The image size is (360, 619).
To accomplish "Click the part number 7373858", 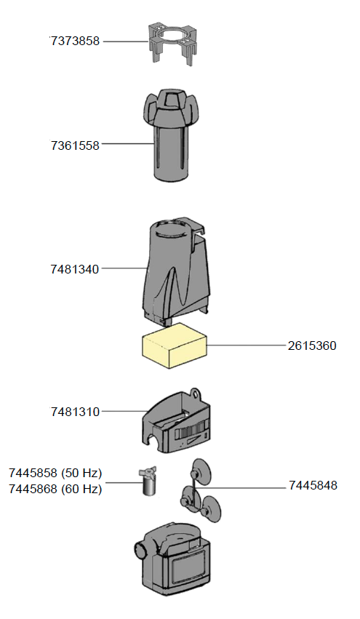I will pyautogui.click(x=75, y=41).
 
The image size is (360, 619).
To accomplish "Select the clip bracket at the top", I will pyautogui.click(x=175, y=40).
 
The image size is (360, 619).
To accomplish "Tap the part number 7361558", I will pyautogui.click(x=75, y=145).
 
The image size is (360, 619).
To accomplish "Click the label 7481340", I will pyautogui.click(x=75, y=269).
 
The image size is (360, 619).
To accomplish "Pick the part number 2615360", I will pyautogui.click(x=311, y=346).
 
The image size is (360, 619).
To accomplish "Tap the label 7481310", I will pyautogui.click(x=75, y=412).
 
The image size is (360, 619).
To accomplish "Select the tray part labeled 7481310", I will pyautogui.click(x=177, y=426).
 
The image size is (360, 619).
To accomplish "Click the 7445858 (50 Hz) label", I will pyautogui.click(x=55, y=474).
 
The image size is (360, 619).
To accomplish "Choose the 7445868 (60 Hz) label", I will pyautogui.click(x=55, y=490).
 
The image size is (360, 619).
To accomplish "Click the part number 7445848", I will pyautogui.click(x=313, y=485).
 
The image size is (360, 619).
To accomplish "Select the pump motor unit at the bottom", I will pyautogui.click(x=175, y=556).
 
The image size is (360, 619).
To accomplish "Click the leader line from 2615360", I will pyautogui.click(x=247, y=346).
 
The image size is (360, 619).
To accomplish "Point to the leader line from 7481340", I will pyautogui.click(x=124, y=269).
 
